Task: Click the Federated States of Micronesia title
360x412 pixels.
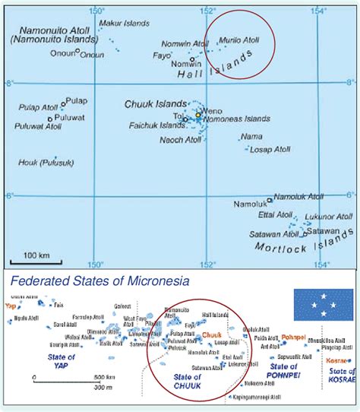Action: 99,280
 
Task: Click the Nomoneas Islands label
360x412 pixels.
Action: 237,119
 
